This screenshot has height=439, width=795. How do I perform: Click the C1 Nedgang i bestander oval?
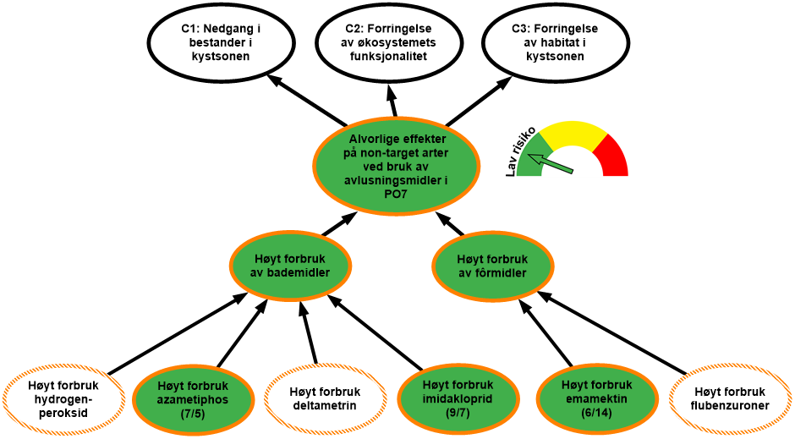point(221,42)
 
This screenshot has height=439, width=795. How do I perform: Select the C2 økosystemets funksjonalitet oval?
point(389,42)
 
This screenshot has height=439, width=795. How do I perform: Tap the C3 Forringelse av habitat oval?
point(555,42)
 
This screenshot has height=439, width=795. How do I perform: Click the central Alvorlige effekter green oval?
point(396,166)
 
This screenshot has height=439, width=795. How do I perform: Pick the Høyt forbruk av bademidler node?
point(290,266)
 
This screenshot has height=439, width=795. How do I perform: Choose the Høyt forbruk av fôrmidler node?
point(492,266)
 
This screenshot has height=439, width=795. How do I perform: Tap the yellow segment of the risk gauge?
point(573,134)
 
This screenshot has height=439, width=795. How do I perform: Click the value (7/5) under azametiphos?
point(194,414)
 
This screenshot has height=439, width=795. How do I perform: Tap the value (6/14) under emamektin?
point(595,413)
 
